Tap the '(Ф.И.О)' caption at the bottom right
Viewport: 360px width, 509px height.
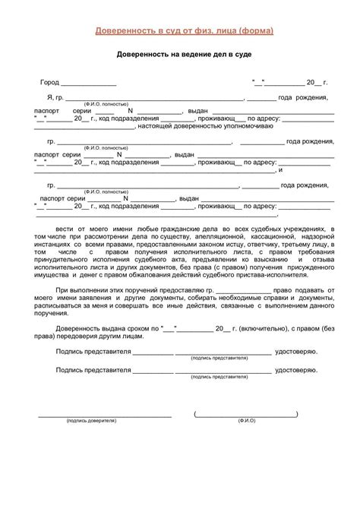point(246,420)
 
